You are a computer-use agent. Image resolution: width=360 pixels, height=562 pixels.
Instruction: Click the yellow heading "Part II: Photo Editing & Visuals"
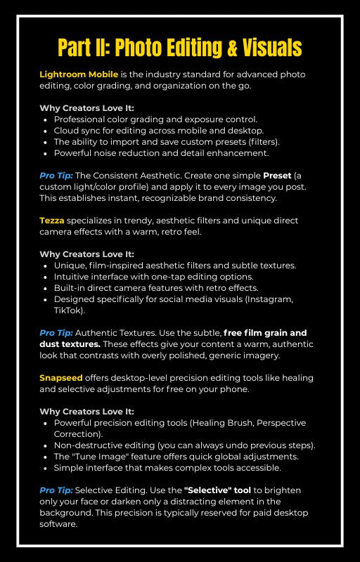click(x=180, y=47)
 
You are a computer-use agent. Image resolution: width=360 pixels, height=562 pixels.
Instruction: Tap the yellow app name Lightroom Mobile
click(x=69, y=74)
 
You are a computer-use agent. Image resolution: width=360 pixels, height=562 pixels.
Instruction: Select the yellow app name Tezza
click(x=51, y=221)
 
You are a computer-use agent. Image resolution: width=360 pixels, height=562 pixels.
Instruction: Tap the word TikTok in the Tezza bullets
click(x=68, y=310)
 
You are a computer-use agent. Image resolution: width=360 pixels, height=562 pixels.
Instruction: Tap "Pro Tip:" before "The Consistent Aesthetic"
click(x=56, y=176)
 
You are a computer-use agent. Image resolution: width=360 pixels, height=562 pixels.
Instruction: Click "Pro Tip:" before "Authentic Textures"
click(x=56, y=332)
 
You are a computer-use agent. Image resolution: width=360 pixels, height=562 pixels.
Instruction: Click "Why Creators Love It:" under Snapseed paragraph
click(x=86, y=411)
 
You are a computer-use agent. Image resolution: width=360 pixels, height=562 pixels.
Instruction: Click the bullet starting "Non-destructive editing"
click(x=184, y=445)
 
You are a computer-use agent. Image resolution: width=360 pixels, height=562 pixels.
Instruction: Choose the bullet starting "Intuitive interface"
click(x=165, y=277)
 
